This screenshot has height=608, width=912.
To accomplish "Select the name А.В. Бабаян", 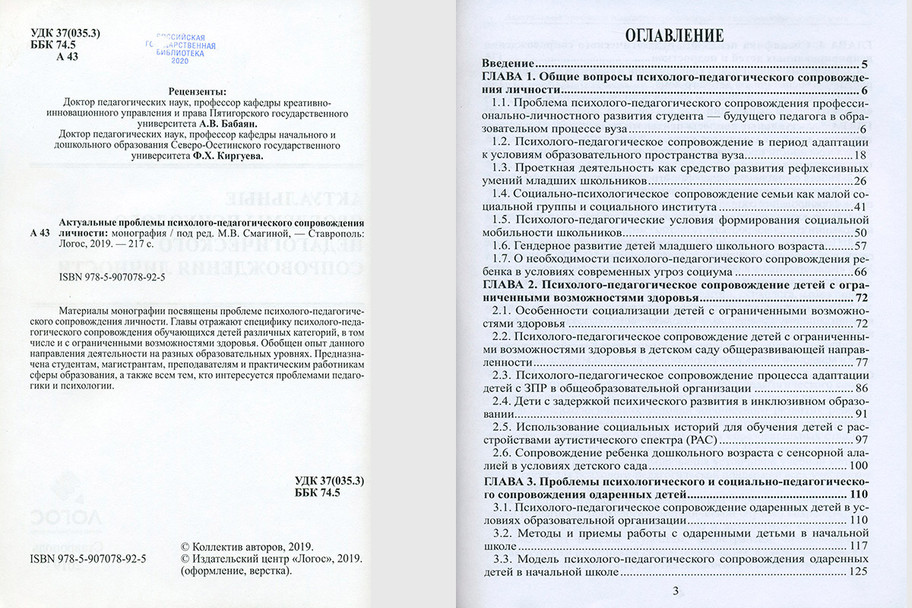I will [x=229, y=120].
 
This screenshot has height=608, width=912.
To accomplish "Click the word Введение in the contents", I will [x=506, y=65].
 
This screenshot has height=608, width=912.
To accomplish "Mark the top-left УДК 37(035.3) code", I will [x=68, y=33].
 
